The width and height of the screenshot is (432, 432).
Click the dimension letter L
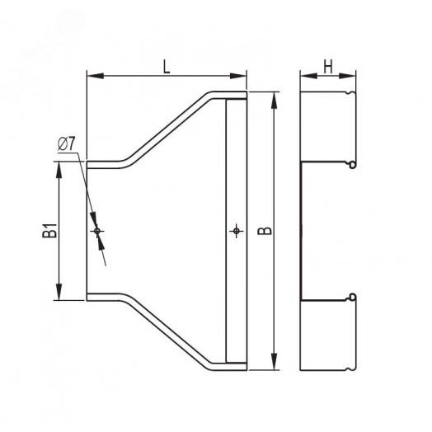point(167,67)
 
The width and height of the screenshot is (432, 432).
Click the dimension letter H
point(328,67)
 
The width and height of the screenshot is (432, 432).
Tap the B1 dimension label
point(49,231)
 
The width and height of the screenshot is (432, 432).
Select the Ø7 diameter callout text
point(66,143)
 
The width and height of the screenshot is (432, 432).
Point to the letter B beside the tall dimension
point(265,231)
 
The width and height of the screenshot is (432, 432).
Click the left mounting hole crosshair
point(97,231)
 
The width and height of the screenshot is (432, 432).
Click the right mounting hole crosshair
point(237,231)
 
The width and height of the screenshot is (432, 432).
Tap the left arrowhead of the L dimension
point(96,76)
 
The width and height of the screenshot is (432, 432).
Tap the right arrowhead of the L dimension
point(238,76)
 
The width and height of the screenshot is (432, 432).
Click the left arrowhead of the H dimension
point(309,76)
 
